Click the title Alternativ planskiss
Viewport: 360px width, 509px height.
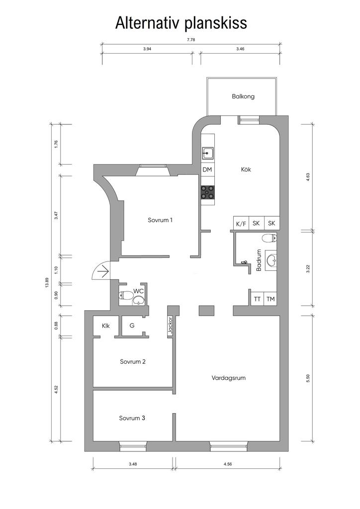181,23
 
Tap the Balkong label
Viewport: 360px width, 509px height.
243,96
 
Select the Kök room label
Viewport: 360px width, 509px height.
246,169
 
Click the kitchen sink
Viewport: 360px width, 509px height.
207,153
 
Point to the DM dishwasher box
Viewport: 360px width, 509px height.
207,170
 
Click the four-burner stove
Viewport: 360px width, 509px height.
207,192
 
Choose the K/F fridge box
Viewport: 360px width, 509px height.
241,223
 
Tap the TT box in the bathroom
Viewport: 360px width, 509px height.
257,299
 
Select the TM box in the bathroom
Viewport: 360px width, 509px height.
270,299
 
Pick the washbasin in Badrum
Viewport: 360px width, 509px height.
271,260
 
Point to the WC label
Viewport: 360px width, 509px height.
138,291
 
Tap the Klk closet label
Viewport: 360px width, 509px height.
106,326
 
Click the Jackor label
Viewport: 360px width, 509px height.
170,326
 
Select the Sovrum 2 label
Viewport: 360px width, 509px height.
132,362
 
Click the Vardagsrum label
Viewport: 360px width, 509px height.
229,378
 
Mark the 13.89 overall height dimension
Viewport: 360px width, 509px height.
47,283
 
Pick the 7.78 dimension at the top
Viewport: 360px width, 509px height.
191,40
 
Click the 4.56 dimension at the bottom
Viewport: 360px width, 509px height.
228,464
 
